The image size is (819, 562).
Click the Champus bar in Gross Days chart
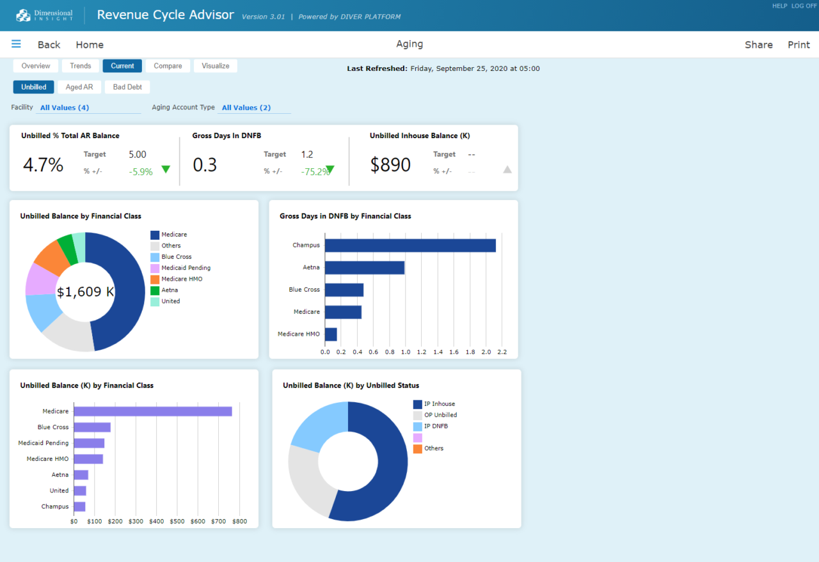click(x=409, y=245)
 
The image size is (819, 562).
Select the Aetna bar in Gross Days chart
click(x=364, y=267)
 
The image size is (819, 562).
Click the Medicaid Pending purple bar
click(x=89, y=443)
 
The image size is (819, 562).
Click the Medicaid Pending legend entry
click(x=186, y=268)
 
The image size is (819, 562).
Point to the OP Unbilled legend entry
click(x=440, y=415)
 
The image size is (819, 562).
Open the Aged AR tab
click(x=79, y=87)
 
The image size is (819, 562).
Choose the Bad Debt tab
click(x=127, y=87)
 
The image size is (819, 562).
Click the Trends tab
click(x=81, y=66)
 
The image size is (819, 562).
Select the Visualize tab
click(x=216, y=66)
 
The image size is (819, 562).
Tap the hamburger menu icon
click(x=16, y=44)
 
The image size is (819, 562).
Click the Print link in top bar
click(x=799, y=45)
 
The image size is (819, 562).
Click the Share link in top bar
click(x=758, y=45)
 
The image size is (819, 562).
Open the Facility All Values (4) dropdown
click(x=65, y=107)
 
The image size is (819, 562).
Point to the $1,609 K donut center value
click(x=85, y=292)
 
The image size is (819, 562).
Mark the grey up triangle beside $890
click(x=507, y=169)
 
